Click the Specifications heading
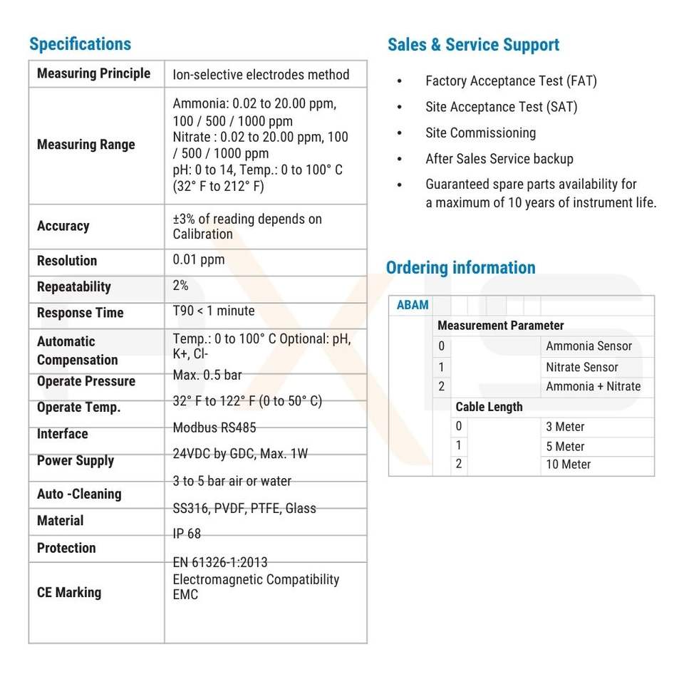(80, 44)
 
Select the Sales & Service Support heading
(473, 45)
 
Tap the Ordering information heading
(460, 268)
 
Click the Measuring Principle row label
(93, 73)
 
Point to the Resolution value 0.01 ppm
(198, 259)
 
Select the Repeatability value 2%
(180, 285)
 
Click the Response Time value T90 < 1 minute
(213, 311)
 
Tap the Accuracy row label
(63, 226)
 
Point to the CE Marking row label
(68, 592)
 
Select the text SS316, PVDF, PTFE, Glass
(244, 508)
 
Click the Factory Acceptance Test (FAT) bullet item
(510, 81)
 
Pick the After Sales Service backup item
(499, 159)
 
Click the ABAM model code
(413, 305)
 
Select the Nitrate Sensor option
(581, 367)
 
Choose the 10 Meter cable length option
(568, 464)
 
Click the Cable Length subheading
(489, 407)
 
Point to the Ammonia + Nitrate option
(593, 386)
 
